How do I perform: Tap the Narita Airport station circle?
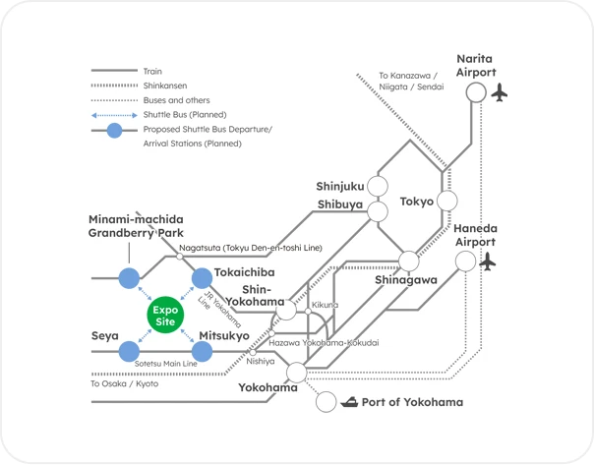coord(476,92)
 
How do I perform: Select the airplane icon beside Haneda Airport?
coord(488,262)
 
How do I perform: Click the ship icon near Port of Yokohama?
coord(349,402)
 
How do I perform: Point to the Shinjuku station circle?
coord(379,187)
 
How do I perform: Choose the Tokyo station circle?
coord(447,202)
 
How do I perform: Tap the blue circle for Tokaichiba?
coord(202,278)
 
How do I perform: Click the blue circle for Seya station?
coord(129,351)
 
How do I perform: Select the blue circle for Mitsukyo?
coord(203,351)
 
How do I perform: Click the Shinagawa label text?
coord(405,280)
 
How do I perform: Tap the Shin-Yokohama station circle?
coord(286,310)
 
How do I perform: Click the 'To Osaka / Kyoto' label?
coord(124,383)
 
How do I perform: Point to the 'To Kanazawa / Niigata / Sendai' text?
coord(411,81)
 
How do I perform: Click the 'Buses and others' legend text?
coord(175,100)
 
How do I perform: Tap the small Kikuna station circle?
coord(309,313)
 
